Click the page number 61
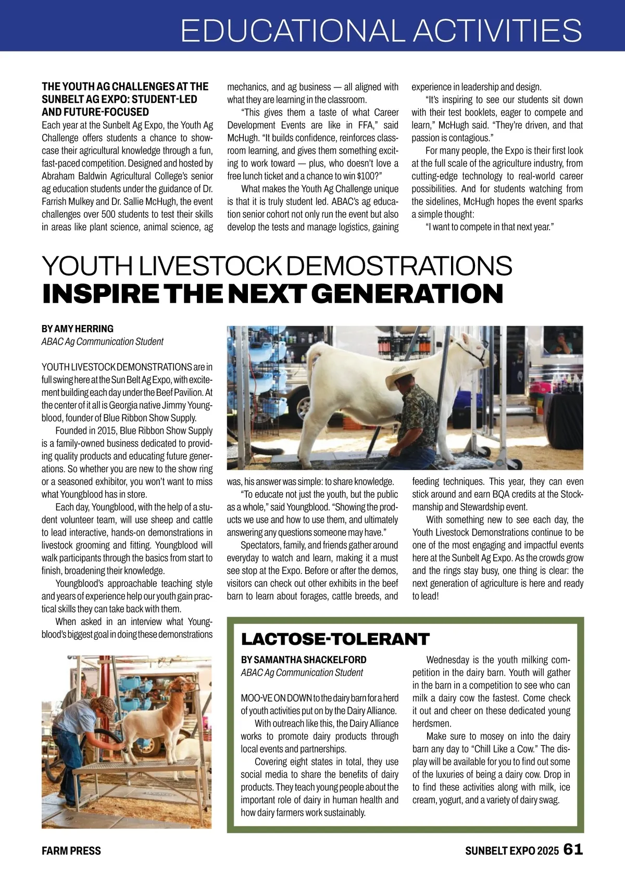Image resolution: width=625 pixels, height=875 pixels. [573, 849]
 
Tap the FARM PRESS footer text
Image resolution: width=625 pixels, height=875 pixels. [71, 851]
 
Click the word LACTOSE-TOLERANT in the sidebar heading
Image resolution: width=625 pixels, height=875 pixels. [335, 639]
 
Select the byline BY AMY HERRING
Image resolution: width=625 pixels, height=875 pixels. [77, 329]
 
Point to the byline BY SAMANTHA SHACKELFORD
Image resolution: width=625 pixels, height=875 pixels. [303, 659]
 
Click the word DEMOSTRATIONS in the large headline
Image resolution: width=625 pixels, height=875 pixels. [399, 266]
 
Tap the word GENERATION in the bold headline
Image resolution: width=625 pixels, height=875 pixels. [409, 294]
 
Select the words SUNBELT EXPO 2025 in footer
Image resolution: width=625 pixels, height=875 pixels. [511, 851]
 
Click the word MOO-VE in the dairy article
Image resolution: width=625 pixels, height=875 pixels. [255, 698]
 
